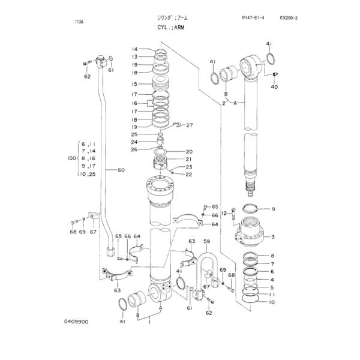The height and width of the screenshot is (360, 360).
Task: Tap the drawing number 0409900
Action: [77, 322]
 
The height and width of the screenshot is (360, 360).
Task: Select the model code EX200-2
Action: [289, 18]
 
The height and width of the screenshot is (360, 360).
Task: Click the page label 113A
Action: [79, 21]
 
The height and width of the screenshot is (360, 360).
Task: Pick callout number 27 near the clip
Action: [190, 125]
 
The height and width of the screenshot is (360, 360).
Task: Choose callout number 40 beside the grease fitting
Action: [274, 87]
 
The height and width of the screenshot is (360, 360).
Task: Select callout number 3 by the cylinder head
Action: [272, 237]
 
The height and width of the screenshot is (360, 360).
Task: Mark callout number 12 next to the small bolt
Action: [224, 213]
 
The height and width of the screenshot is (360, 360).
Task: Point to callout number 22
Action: [188, 175]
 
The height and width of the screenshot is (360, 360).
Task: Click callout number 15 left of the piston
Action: [135, 84]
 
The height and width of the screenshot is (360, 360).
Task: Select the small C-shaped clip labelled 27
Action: [178, 125]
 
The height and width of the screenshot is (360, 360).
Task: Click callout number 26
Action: [135, 149]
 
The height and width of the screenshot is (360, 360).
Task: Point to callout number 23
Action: [188, 167]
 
